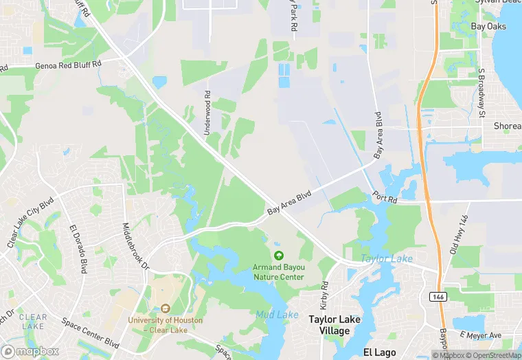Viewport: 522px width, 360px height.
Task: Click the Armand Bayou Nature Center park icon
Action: pyautogui.click(x=279, y=256)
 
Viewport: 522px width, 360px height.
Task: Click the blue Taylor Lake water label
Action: pyautogui.click(x=387, y=259)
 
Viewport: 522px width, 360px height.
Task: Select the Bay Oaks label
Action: pyautogui.click(x=488, y=27)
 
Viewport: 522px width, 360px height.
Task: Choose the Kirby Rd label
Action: pyautogui.click(x=325, y=295)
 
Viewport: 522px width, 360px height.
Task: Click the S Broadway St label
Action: pyautogui.click(x=481, y=92)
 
